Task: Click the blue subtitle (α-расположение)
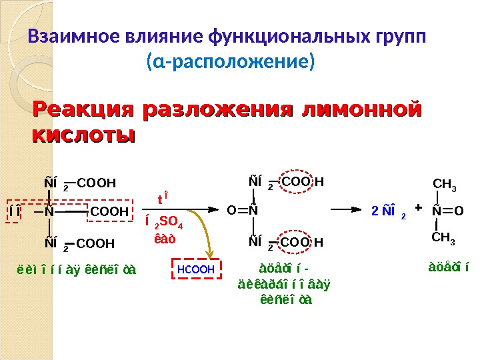(229, 64)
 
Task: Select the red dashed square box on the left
(15, 212)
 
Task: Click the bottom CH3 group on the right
(444, 238)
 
